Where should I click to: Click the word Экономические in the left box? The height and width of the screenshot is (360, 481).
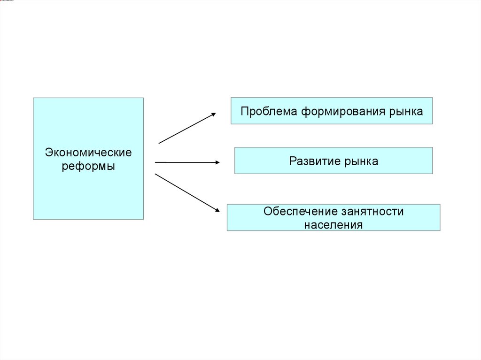pos(88,153)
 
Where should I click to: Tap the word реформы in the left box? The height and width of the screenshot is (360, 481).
pos(88,166)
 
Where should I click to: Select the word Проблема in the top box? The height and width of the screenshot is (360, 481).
pos(269,111)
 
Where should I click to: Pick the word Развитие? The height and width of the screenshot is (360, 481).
pos(315,161)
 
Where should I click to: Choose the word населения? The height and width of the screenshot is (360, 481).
pos(334,224)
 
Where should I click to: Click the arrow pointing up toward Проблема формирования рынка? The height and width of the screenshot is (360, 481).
pos(187,128)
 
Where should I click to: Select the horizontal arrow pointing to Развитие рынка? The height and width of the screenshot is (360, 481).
pos(187,162)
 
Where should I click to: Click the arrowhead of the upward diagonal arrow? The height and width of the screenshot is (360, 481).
pos(213,114)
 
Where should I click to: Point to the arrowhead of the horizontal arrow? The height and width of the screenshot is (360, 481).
pos(217,162)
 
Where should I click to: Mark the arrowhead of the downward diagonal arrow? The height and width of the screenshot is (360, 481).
pos(217,210)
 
